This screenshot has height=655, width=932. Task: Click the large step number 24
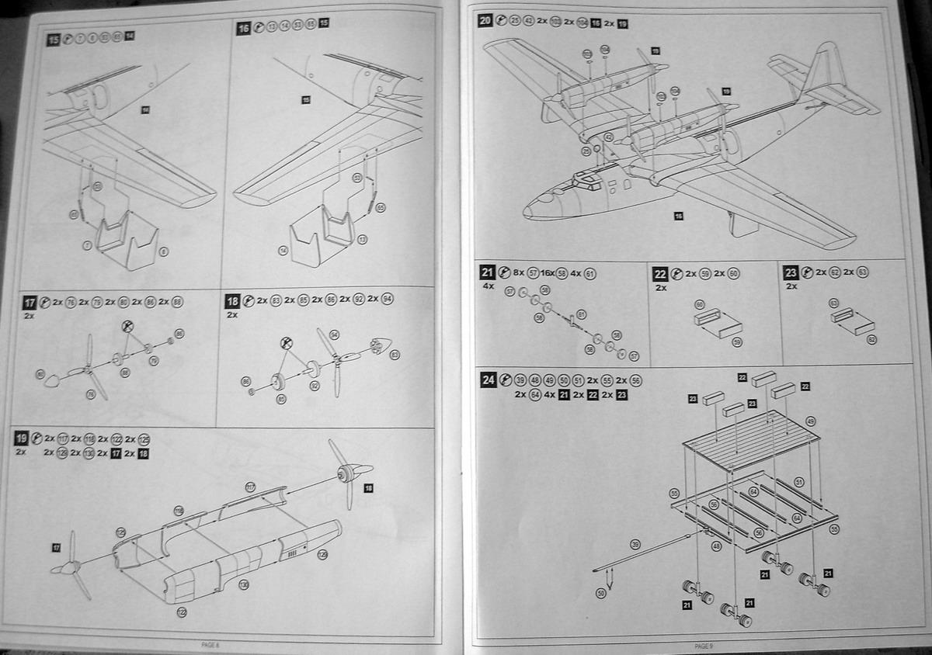coord(488,380)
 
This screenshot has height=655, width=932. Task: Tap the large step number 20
coord(485,21)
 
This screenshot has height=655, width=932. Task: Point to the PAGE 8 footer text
coord(210,643)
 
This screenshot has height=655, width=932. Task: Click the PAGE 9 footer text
coord(702,645)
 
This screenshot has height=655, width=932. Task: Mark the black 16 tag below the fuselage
coord(678,216)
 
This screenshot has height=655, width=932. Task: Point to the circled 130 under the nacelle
coord(244,583)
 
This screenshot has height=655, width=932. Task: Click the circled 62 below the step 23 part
coord(872,340)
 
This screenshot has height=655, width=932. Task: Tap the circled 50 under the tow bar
coord(600,594)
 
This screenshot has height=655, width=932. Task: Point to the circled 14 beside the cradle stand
coord(283,250)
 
